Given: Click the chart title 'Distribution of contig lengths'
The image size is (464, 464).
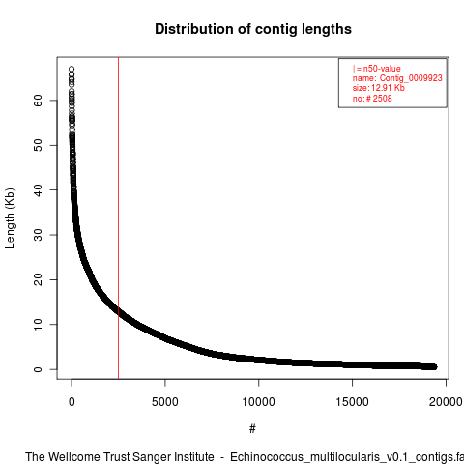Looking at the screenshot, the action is [253, 29].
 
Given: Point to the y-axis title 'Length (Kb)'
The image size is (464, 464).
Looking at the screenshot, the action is [10, 218].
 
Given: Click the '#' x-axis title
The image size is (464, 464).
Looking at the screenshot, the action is [252, 429].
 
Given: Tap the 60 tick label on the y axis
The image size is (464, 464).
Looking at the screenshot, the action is [38, 101].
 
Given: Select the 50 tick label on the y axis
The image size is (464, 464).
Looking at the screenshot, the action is [38, 145].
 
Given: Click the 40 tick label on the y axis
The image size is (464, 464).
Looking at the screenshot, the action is [38, 190].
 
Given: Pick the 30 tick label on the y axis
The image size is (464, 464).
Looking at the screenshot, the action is [38, 235].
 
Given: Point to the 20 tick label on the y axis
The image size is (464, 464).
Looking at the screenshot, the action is [38, 279].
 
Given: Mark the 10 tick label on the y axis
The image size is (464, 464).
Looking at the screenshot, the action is [38, 325].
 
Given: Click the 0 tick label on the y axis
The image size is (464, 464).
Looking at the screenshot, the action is [38, 369].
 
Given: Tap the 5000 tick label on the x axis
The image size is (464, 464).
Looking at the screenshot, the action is [165, 402].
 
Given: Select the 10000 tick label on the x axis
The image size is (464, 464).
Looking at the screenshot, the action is [259, 402].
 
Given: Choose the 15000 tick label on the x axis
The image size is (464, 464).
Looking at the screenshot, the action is [352, 402].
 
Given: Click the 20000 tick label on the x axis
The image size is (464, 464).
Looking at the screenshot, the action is [446, 402].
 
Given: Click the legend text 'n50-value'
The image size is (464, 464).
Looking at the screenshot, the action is [382, 69].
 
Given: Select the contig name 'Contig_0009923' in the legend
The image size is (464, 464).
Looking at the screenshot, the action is [411, 78].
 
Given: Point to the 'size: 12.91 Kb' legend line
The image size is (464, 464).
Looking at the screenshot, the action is [378, 88].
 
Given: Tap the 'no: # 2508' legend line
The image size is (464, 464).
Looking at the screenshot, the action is [372, 98].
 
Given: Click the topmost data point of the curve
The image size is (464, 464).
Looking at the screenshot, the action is [72, 69].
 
